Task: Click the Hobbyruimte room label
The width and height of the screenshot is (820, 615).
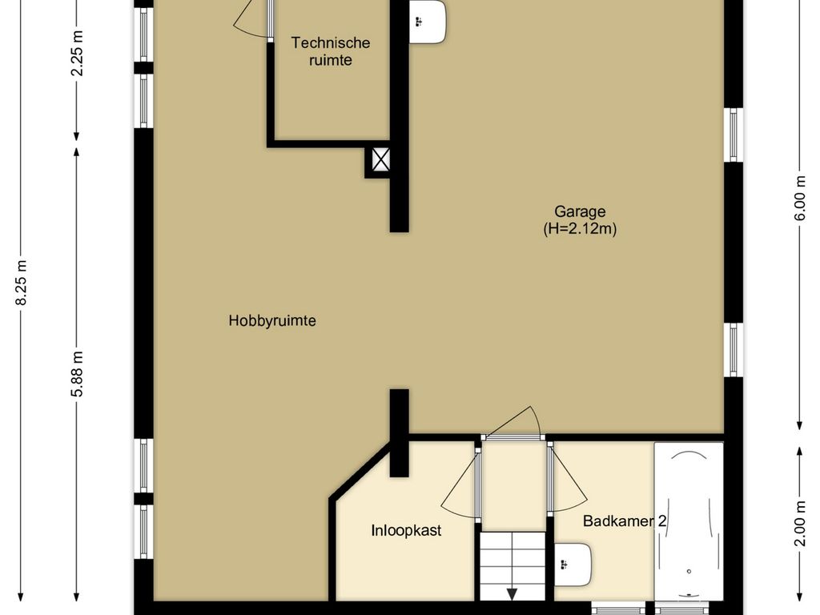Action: click(272, 320)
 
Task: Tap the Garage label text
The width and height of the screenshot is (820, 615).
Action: click(580, 212)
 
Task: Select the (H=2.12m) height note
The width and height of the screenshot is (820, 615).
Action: click(580, 229)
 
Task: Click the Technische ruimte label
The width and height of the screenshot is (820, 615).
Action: click(331, 51)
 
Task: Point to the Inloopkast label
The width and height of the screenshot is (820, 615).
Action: click(406, 530)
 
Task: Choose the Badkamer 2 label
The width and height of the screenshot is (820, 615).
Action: click(625, 521)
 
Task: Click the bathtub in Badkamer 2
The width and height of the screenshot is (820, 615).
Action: click(689, 521)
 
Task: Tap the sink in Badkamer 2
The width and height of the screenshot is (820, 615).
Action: click(573, 565)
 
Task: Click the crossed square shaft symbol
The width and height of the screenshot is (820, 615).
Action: click(380, 160)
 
